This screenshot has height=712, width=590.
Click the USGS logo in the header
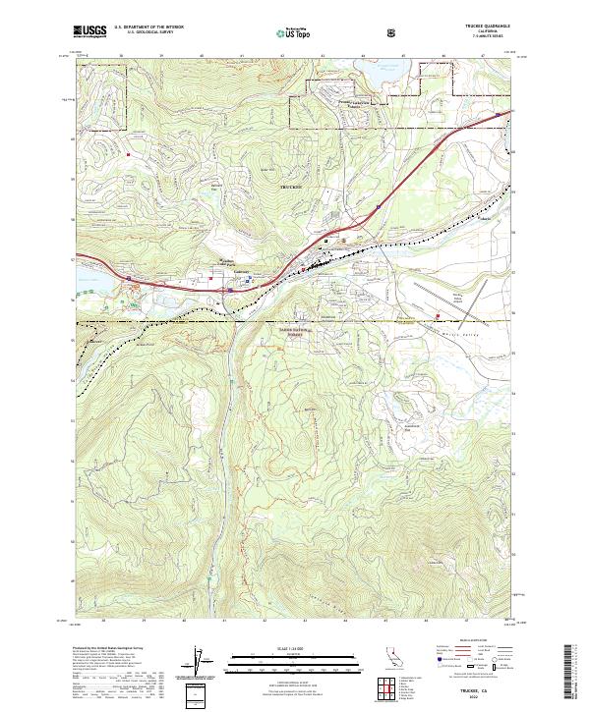pos(88,31)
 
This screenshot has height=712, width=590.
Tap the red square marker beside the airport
pos(438,315)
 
